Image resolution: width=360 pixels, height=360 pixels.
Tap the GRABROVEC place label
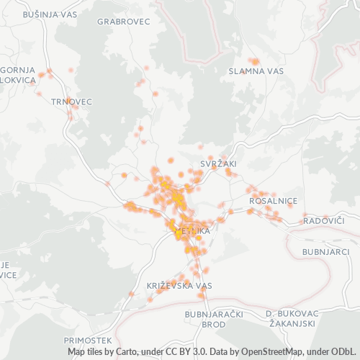(x=123, y=22)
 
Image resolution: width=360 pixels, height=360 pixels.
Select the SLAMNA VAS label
(x=256, y=71)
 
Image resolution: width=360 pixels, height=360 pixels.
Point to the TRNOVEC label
(x=72, y=102)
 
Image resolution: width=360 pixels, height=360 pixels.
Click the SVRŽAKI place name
(x=218, y=164)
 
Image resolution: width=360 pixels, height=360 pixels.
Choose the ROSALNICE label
(x=272, y=202)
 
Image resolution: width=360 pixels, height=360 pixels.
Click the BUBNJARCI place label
(x=325, y=252)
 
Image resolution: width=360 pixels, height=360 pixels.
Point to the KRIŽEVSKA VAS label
(x=179, y=286)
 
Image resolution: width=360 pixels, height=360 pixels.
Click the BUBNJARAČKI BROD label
(x=205, y=320)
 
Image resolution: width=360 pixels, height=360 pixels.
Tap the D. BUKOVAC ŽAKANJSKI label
(x=292, y=320)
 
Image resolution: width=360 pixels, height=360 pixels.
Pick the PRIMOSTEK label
(x=88, y=339)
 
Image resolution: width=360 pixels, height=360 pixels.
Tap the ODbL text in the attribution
(x=345, y=352)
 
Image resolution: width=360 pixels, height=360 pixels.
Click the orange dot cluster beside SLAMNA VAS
(x=253, y=62)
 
